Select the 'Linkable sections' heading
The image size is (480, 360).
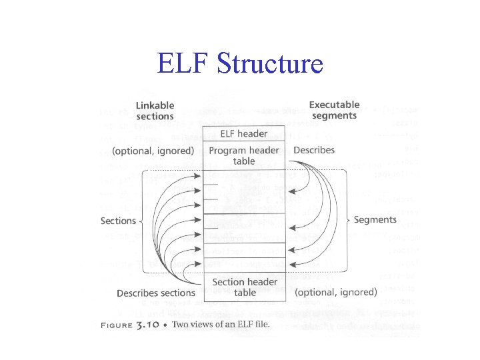[x=155, y=111]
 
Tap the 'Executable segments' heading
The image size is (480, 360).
[x=333, y=110]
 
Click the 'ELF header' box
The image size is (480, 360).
[x=244, y=134]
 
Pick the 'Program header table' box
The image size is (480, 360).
[x=244, y=155]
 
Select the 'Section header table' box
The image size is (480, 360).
[x=244, y=287]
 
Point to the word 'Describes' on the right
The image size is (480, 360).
[x=314, y=150]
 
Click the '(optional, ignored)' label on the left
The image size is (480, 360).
[x=153, y=151]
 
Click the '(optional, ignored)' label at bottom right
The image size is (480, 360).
[x=335, y=292]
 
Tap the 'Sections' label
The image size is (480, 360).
[x=118, y=221]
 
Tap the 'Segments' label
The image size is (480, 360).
[x=375, y=219]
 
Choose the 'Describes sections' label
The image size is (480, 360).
[x=156, y=293]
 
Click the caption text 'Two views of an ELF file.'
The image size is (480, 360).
[x=221, y=325]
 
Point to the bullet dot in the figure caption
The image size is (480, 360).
[x=167, y=325]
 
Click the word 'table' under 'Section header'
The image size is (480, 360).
[x=245, y=293]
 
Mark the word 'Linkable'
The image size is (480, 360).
[x=155, y=105]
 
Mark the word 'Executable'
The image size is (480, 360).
[x=334, y=105]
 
